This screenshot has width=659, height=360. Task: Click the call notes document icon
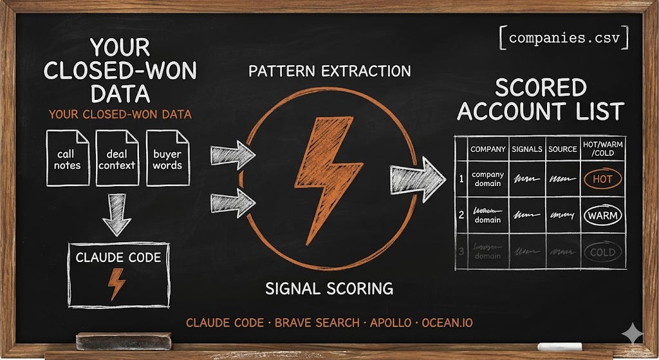68,158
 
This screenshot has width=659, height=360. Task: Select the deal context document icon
117,158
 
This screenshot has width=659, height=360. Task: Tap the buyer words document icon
167,158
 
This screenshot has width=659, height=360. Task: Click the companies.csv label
564,38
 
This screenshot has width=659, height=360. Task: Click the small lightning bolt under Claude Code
117,283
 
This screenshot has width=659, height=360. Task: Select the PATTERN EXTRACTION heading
329,71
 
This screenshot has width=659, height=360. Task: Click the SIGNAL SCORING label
329,288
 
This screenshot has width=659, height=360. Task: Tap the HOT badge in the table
602,178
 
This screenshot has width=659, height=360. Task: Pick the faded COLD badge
602,252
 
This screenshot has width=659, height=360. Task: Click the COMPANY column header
488,149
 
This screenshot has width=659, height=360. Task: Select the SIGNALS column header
527,149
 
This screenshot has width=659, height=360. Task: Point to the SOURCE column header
562,149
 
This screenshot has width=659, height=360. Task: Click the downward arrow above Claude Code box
116,215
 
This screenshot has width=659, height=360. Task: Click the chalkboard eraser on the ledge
124,341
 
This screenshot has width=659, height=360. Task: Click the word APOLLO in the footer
391,322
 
